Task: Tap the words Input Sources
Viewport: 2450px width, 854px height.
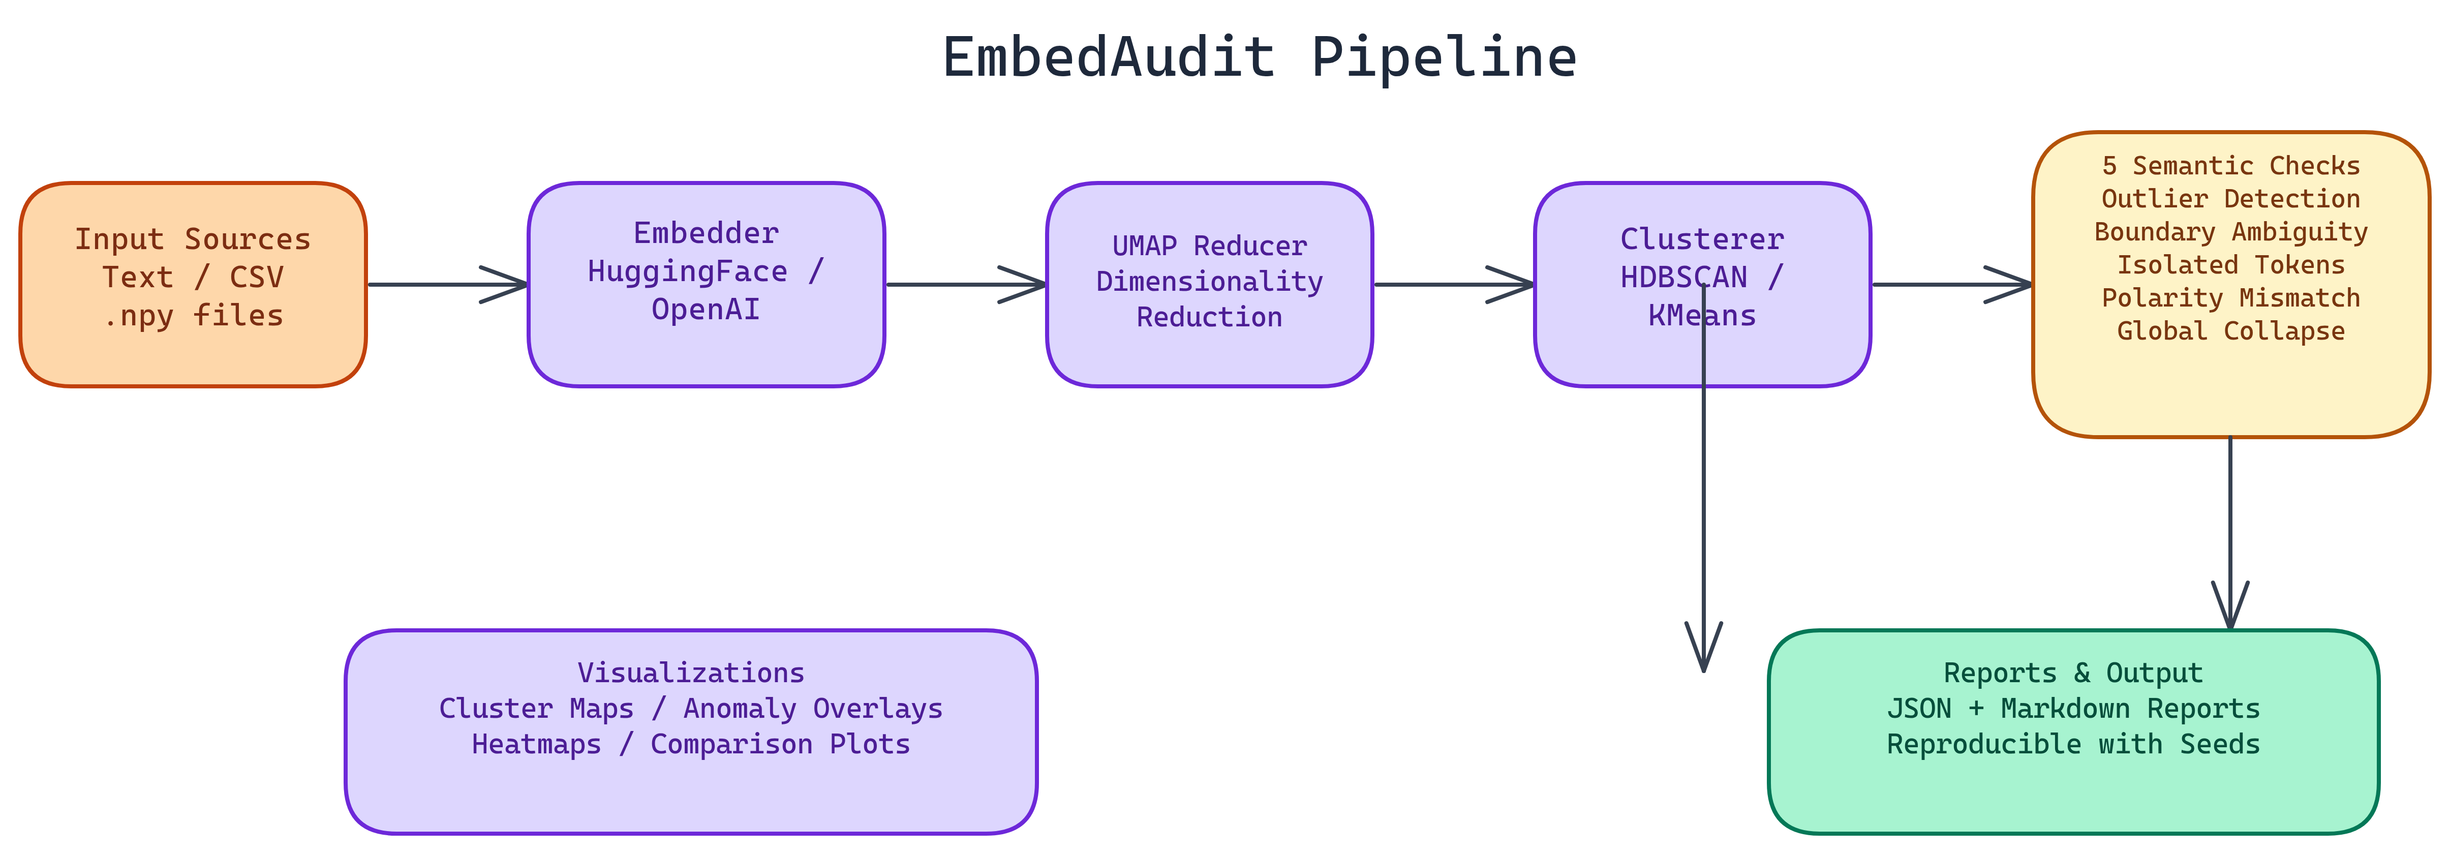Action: [x=193, y=239]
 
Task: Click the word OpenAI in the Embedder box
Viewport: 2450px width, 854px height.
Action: [x=706, y=309]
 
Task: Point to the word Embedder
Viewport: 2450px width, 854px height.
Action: [x=706, y=233]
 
